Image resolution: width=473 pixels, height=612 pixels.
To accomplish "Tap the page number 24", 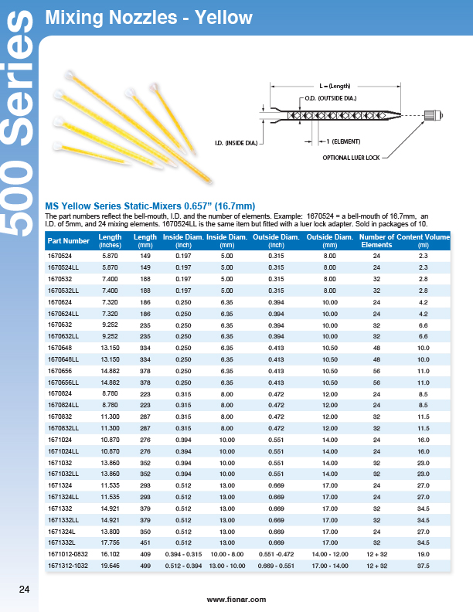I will pyautogui.click(x=24, y=590).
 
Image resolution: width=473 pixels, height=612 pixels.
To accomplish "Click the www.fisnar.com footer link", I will pyautogui.click(x=236, y=600).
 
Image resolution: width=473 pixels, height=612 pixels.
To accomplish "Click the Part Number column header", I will pyautogui.click(x=64, y=241).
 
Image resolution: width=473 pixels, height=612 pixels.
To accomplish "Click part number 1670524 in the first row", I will pyautogui.click(x=60, y=255).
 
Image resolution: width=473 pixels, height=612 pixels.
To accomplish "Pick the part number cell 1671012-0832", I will pyautogui.click(x=67, y=554).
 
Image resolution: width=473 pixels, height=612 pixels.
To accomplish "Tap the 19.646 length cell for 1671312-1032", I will pyautogui.click(x=111, y=565).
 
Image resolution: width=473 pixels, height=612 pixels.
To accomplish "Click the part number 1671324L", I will pyautogui.click(x=61, y=531).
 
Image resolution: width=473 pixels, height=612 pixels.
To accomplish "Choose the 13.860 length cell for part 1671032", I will pyautogui.click(x=111, y=462).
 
